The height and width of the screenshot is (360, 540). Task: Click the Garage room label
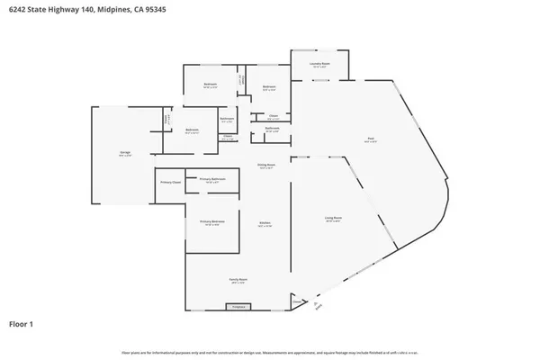125,152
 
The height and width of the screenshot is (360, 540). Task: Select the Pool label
370,138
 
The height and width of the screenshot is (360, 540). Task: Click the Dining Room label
266,166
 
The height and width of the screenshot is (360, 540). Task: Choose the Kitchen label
265,222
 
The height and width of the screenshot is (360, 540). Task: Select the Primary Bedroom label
212,221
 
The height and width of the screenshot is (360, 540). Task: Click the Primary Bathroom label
212,179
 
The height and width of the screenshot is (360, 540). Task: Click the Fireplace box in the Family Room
238,307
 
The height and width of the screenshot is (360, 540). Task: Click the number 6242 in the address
18,7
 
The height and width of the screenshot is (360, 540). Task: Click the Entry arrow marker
317,307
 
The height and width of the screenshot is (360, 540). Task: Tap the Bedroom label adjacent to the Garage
192,130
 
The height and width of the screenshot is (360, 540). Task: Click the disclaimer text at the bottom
269,352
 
